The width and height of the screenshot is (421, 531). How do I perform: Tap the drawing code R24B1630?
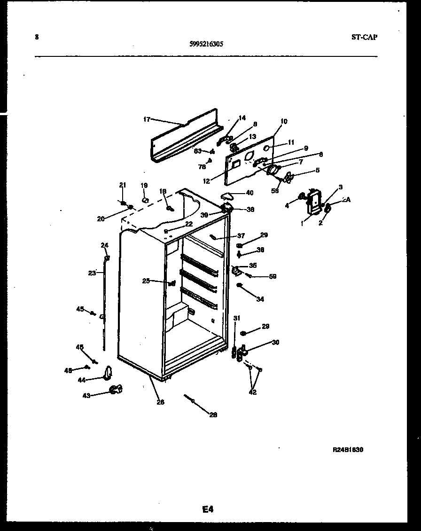pos(348,450)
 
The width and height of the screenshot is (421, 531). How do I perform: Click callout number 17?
pos(146,119)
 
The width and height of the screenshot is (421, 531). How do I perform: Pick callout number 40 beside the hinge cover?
pos(249,192)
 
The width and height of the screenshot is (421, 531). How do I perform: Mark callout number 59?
pos(273,276)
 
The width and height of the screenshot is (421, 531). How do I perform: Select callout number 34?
pos(260,299)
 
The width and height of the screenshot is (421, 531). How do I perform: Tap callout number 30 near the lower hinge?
pos(275,342)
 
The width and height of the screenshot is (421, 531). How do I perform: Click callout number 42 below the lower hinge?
pos(253,392)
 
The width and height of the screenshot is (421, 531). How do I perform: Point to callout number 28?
pos(213,414)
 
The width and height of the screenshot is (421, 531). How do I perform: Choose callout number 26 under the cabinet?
pos(160,402)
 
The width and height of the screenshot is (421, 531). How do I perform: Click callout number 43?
pos(86,396)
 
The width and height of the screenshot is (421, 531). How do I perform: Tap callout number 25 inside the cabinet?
pos(146,281)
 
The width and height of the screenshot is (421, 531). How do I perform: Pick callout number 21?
pos(123,185)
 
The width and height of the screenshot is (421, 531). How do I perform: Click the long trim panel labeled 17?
pos(183,136)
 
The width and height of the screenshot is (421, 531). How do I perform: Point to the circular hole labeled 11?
pos(267,148)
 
